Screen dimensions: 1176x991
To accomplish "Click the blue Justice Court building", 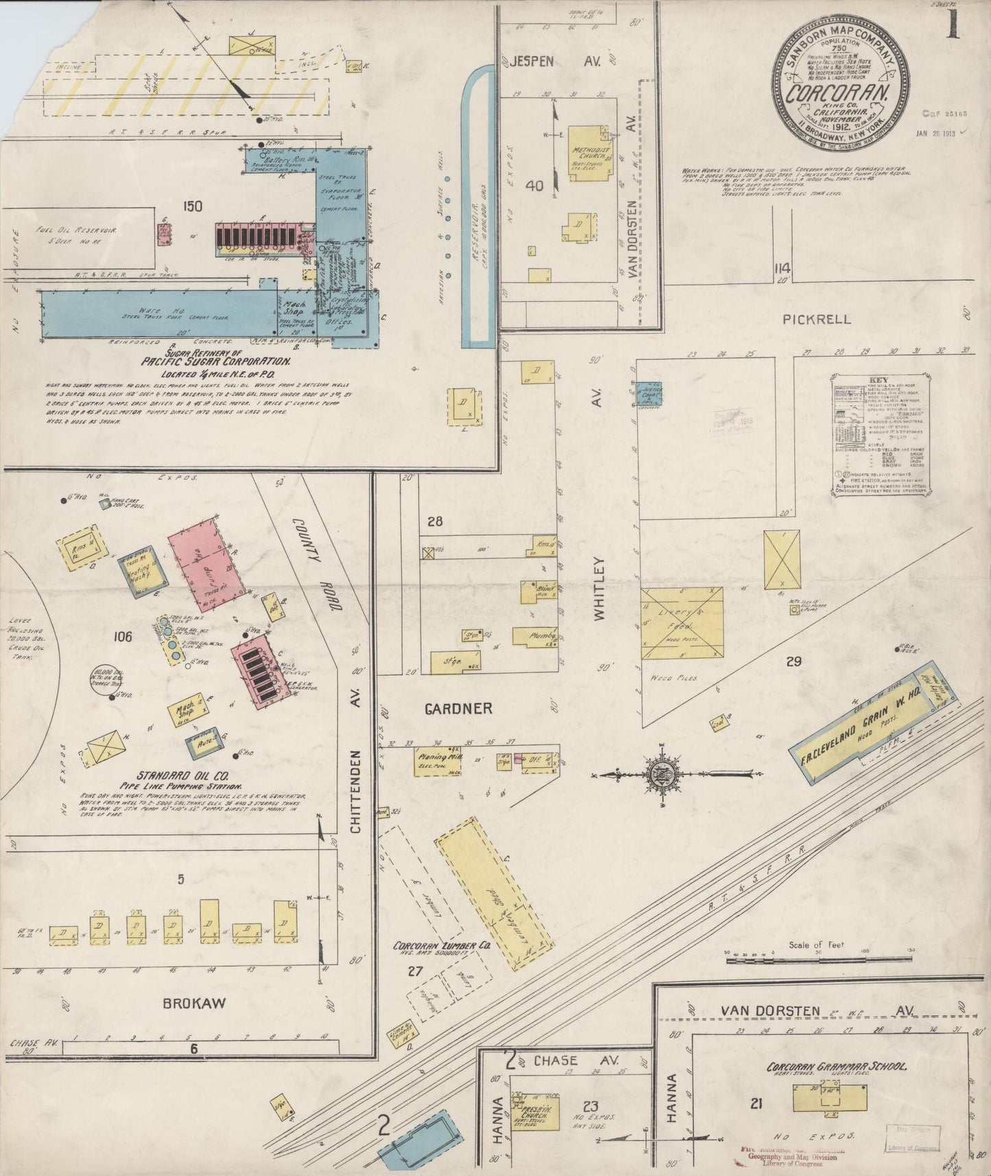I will pyautogui.click(x=642, y=394).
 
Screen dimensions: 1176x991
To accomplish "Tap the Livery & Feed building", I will pyautogui.click(x=682, y=625).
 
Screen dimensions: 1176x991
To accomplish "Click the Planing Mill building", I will pyautogui.click(x=437, y=762).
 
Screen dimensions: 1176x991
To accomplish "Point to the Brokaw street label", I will pyautogui.click(x=194, y=1003).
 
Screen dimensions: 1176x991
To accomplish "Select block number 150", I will pyautogui.click(x=193, y=205).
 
